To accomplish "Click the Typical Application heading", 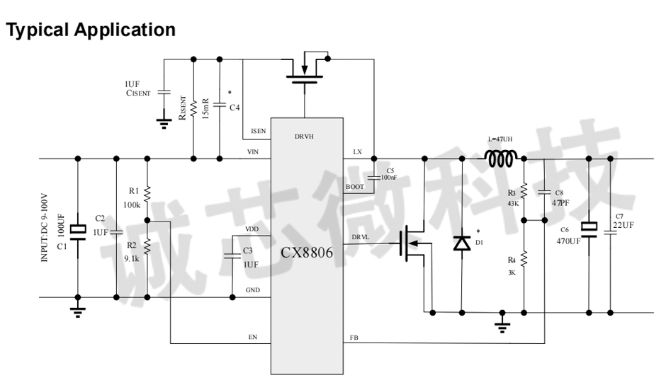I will click(91, 30).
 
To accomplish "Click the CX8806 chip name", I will click(307, 252).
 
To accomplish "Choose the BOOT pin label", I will click(354, 187).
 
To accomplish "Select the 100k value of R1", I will click(132, 205).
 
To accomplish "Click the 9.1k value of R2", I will click(132, 258).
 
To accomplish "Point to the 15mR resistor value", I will click(205, 110).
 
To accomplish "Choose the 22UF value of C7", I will click(623, 224).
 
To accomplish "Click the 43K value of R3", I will click(512, 202).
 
